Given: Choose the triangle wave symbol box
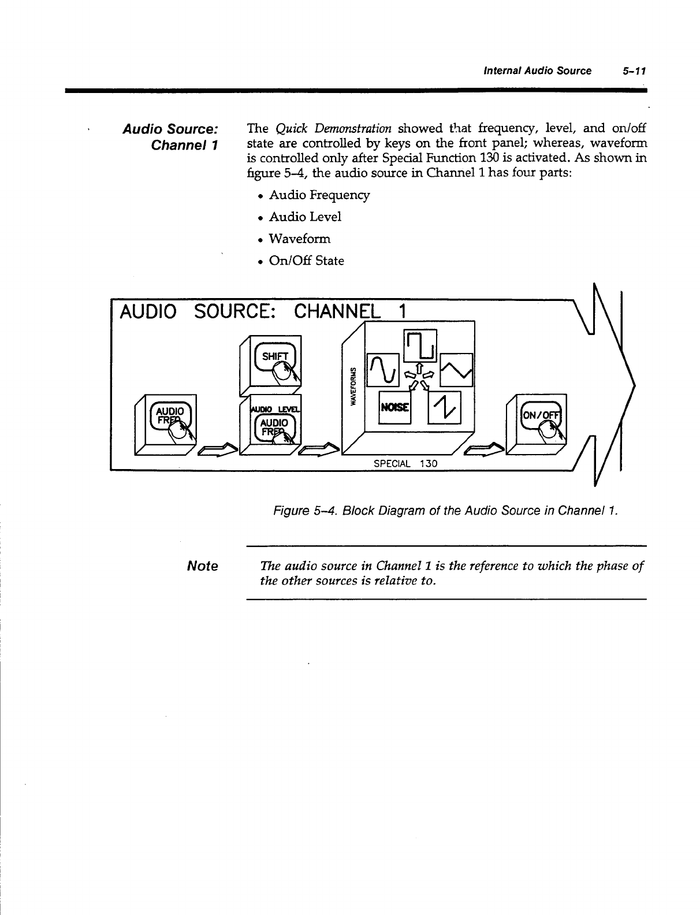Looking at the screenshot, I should click(x=456, y=370).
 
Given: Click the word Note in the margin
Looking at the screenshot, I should click(x=203, y=566).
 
